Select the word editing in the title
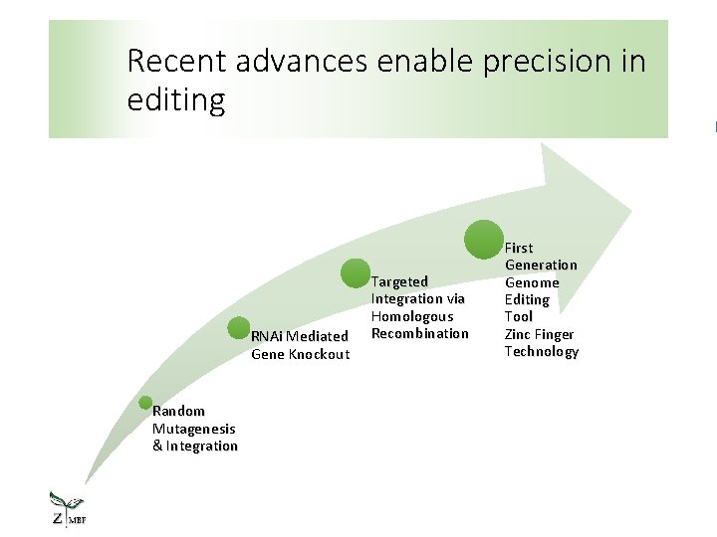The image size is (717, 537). coord(176,99)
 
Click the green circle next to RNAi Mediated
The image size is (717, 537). coord(239,328)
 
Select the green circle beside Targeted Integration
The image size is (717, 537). coord(356,274)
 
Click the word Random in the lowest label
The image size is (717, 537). coord(178,411)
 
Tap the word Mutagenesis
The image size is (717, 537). coord(194,429)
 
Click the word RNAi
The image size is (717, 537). coord(266,336)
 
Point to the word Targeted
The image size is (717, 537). coord(399,281)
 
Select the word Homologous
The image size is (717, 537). coord(411,316)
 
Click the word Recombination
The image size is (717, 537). coord(419,333)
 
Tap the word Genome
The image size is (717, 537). coord(532,282)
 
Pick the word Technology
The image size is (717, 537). coord(541,351)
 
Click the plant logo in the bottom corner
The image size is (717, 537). coord(68,509)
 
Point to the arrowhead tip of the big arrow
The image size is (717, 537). coord(631,211)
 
